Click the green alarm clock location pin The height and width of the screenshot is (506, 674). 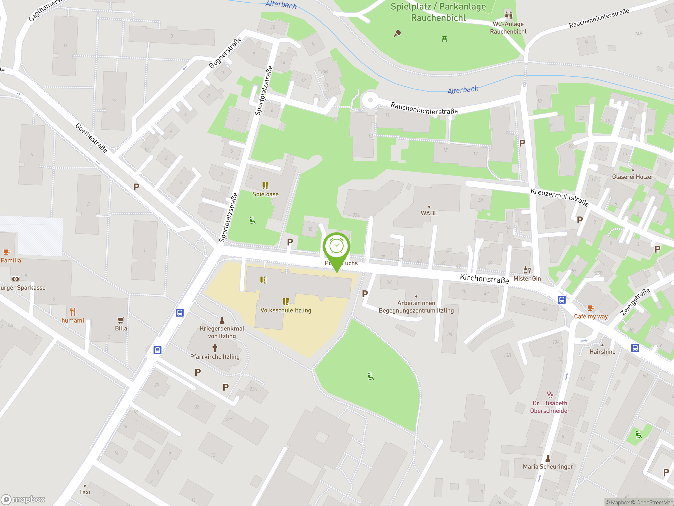pyautogui.click(x=336, y=247)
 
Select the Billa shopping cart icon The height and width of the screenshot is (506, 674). pyautogui.click(x=121, y=320)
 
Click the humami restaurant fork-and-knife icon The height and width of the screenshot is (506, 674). pyautogui.click(x=72, y=312)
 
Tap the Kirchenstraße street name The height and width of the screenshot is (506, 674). pyautogui.click(x=484, y=279)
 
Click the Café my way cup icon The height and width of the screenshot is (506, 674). pyautogui.click(x=591, y=308)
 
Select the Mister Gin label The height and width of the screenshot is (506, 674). pyautogui.click(x=527, y=279)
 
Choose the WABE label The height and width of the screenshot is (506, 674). pyautogui.click(x=429, y=213)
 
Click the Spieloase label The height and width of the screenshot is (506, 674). pyautogui.click(x=265, y=194)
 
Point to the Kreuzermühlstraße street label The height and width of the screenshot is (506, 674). pyautogui.click(x=559, y=197)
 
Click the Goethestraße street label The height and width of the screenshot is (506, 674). pyautogui.click(x=91, y=138)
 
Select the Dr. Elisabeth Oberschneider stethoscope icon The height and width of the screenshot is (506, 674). pyautogui.click(x=550, y=395)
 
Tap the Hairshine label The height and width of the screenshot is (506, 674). pyautogui.click(x=602, y=352)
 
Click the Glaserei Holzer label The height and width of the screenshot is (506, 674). pyautogui.click(x=633, y=177)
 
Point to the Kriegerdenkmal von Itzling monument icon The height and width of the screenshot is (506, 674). pyautogui.click(x=222, y=320)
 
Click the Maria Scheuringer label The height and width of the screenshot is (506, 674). pyautogui.click(x=548, y=466)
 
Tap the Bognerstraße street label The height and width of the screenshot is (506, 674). pyautogui.click(x=225, y=52)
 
